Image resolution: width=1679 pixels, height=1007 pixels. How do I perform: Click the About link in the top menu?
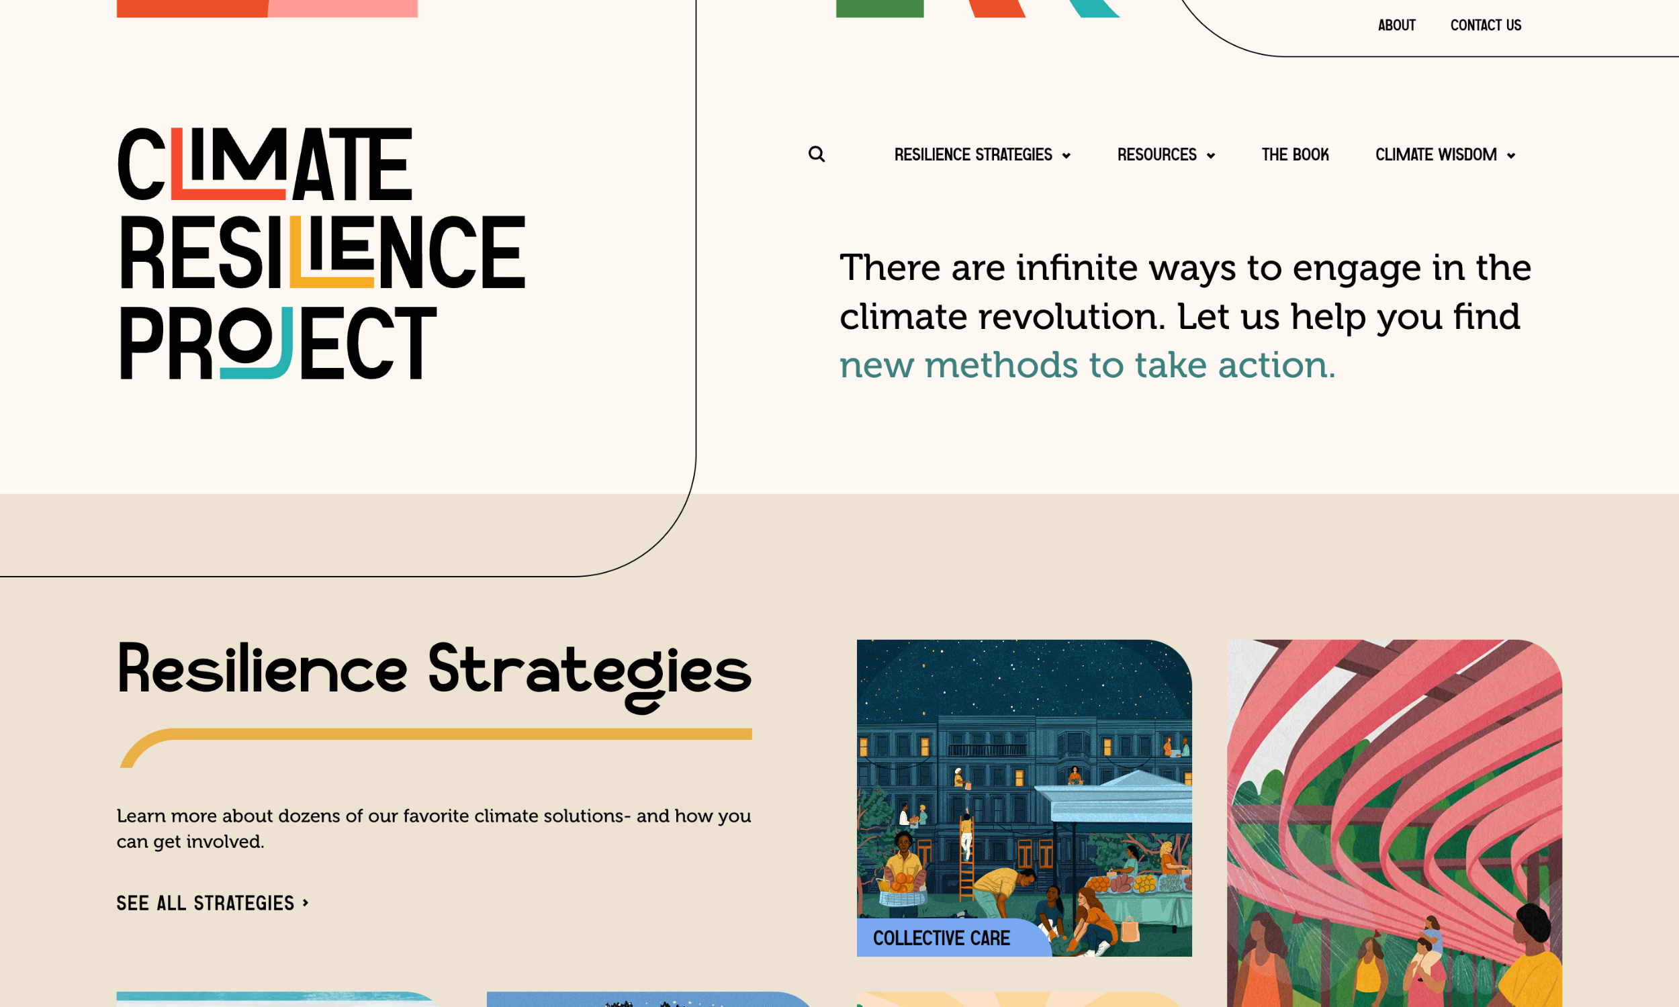(1396, 26)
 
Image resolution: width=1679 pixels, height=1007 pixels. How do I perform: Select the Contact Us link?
(1485, 26)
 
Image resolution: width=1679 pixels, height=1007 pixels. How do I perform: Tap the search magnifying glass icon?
(817, 154)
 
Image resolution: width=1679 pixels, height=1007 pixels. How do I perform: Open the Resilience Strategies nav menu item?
(972, 155)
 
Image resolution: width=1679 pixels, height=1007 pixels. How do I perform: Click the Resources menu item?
(1156, 155)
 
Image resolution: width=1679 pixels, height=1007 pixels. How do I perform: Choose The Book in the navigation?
(1295, 155)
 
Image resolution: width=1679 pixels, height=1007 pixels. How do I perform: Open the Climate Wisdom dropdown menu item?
(1435, 155)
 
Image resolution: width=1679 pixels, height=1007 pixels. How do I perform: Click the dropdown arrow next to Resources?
(1211, 156)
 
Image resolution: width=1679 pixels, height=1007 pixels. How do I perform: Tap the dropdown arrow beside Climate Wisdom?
(1510, 156)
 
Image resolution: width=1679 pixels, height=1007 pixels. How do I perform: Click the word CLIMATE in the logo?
(265, 164)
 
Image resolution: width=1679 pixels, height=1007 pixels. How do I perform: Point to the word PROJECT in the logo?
(278, 342)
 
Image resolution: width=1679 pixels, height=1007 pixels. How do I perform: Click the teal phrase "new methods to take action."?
(1087, 365)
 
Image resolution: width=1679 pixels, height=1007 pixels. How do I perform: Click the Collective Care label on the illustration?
(942, 938)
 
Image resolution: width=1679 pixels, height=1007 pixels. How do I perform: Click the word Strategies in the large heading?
(589, 672)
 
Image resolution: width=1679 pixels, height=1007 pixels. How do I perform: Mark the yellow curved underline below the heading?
(435, 736)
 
